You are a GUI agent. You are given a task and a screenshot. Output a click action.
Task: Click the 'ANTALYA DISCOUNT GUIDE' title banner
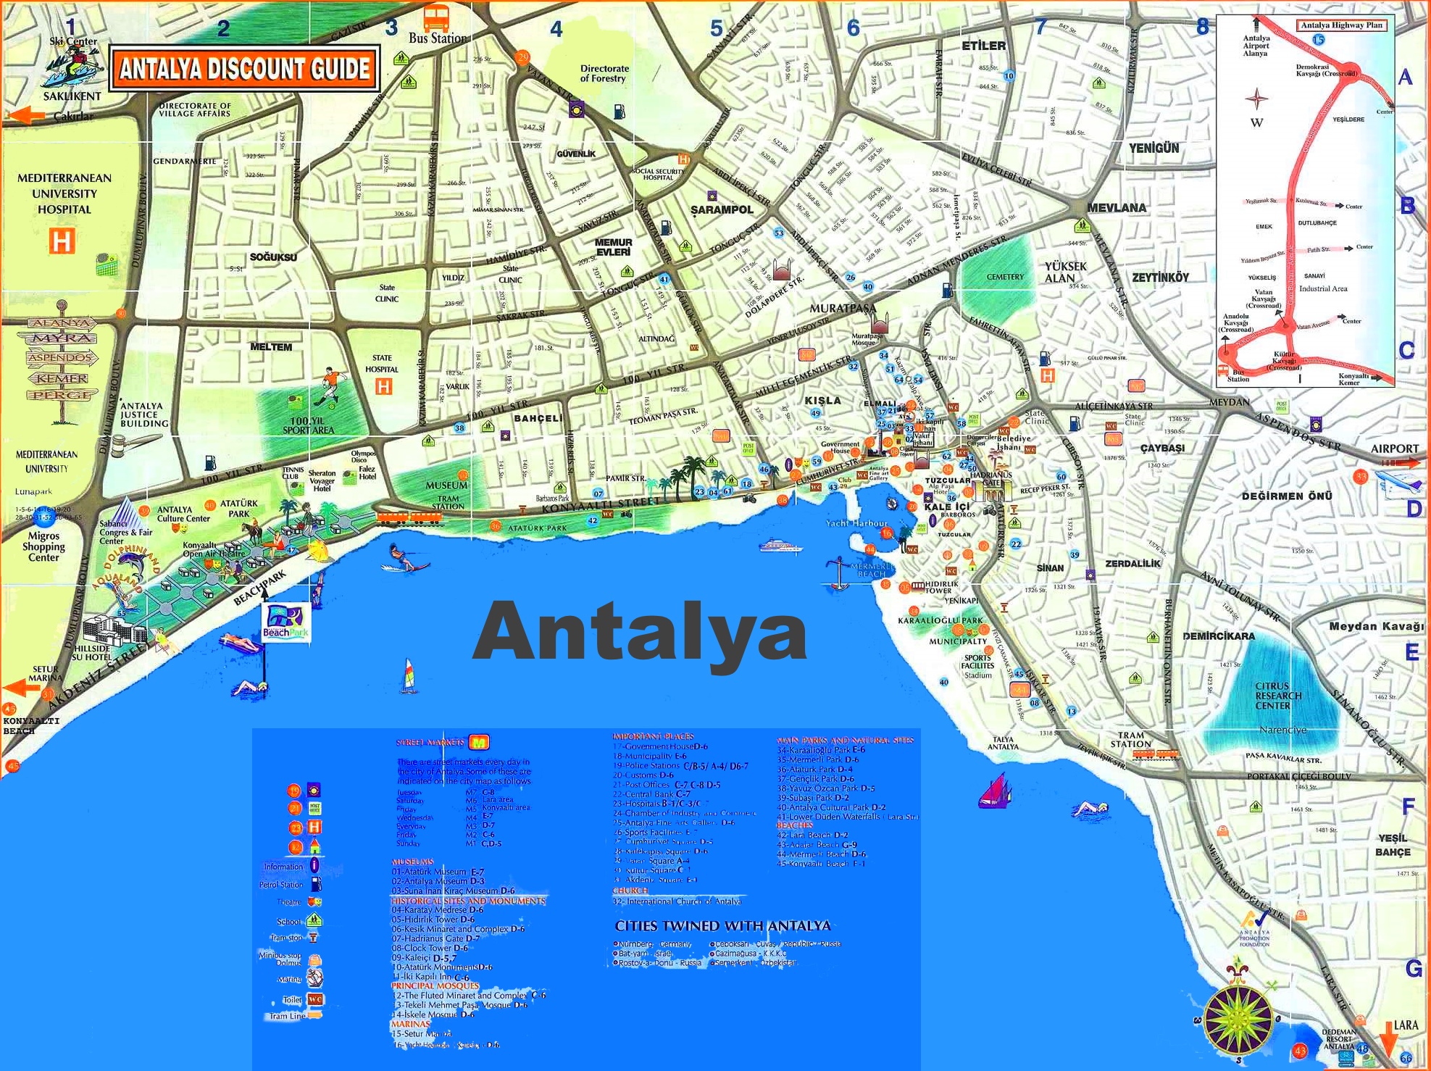(244, 69)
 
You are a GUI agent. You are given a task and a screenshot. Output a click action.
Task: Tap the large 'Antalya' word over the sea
(640, 632)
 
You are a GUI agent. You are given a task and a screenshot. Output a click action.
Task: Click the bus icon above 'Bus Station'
(436, 17)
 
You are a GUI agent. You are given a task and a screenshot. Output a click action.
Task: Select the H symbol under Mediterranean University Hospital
(62, 241)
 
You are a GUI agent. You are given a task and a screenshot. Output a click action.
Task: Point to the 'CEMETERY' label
(1005, 277)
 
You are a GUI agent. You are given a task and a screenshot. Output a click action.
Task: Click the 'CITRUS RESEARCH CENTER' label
(1278, 696)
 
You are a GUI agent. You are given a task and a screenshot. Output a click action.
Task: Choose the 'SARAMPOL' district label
(722, 209)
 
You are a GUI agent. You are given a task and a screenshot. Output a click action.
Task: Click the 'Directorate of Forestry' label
(604, 73)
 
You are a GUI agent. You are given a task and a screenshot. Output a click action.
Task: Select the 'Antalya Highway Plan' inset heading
(1342, 25)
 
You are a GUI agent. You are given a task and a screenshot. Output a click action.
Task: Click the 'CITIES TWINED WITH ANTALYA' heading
(722, 926)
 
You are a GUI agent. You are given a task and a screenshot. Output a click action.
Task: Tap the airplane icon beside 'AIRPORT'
(1398, 483)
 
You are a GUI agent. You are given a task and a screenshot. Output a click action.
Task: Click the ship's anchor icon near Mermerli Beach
(838, 572)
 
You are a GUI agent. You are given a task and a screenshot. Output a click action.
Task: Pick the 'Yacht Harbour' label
(856, 523)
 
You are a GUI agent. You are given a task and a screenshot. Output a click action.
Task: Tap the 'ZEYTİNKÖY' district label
(1161, 278)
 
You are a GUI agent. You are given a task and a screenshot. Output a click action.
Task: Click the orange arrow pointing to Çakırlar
(27, 116)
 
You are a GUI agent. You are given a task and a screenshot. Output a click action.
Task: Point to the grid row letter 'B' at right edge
(1407, 206)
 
